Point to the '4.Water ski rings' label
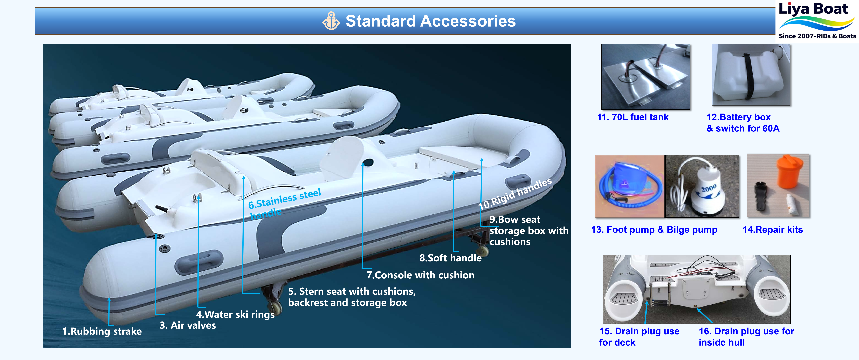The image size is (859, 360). (235, 314)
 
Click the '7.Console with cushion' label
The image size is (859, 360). (420, 275)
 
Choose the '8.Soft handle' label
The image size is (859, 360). (450, 258)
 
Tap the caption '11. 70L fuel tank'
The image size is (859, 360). (633, 117)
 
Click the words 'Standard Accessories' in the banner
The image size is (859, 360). (430, 21)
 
